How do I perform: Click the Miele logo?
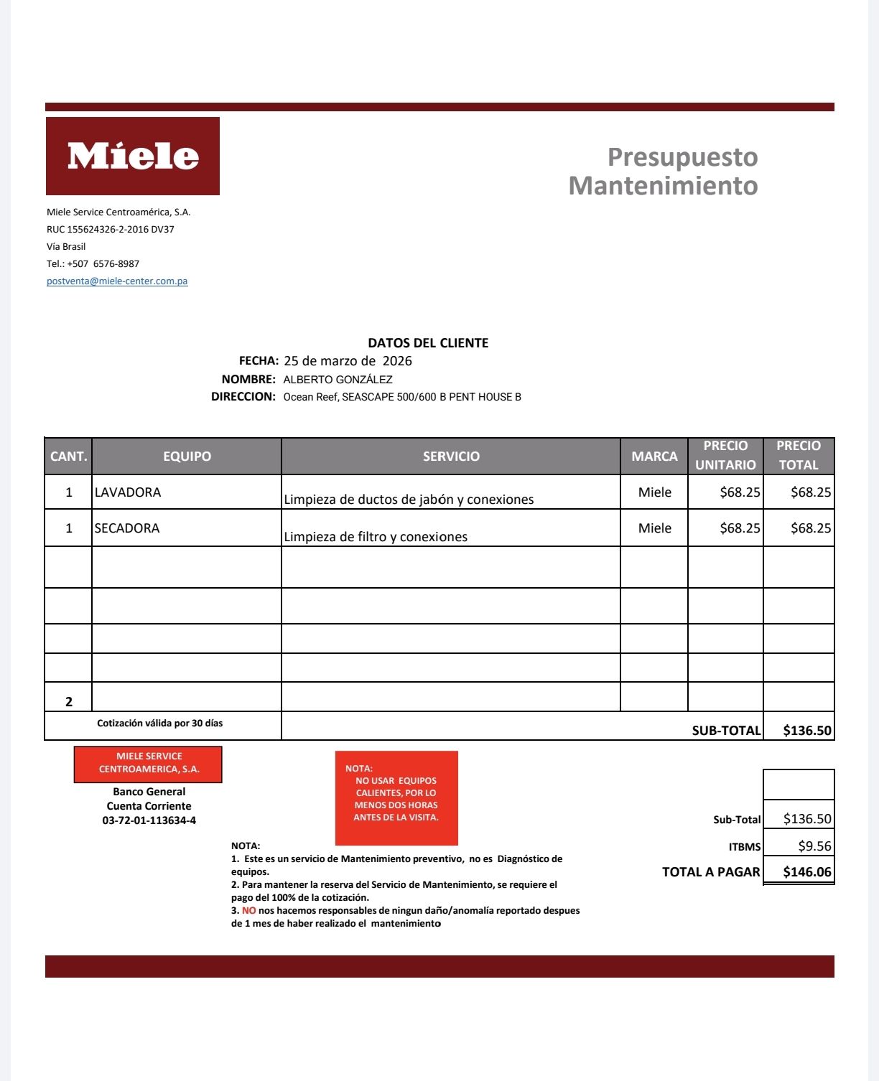pos(133,156)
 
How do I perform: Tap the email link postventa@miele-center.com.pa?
pos(117,281)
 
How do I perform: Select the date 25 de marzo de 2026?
pos(348,361)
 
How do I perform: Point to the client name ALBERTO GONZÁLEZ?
pos(338,380)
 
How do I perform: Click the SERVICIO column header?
pos(451,457)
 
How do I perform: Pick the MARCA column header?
pos(654,457)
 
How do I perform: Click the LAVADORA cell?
pos(128,492)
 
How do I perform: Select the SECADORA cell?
pos(127,528)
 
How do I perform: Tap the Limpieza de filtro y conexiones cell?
pos(376,537)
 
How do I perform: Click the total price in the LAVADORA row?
pos(811,492)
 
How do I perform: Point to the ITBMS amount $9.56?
pos(814,846)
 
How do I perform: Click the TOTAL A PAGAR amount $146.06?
pos(807,872)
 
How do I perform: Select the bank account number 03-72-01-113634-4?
pos(149,820)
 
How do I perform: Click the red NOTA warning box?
pos(396,798)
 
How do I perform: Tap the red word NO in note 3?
pos(248,911)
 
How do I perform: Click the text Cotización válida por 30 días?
pos(160,724)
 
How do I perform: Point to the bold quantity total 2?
pos(69,702)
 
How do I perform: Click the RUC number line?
pos(111,230)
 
